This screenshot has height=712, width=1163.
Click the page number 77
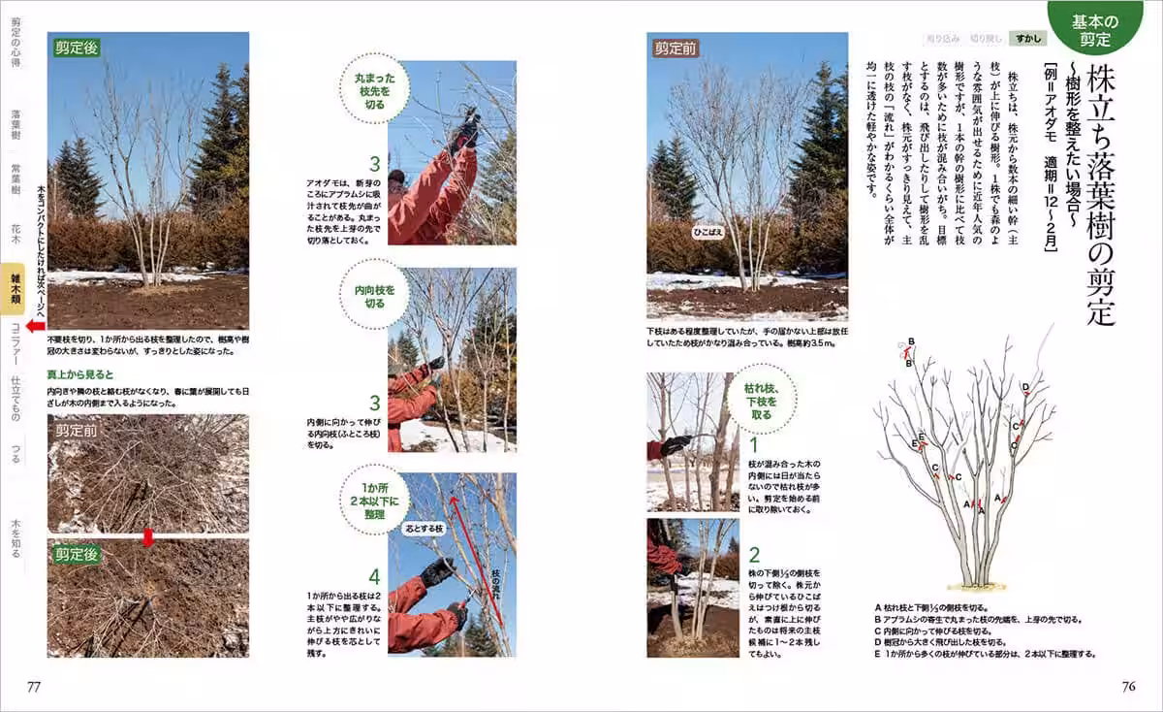(x=34, y=687)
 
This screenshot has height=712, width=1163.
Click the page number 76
(x=1128, y=687)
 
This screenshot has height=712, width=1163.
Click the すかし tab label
(x=1025, y=39)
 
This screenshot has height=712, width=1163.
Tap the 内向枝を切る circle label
(x=376, y=295)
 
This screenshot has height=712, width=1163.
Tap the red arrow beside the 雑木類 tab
(x=35, y=327)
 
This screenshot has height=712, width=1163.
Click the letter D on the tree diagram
(x=1024, y=388)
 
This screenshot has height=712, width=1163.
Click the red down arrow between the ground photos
(x=147, y=536)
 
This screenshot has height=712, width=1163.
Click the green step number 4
(x=374, y=576)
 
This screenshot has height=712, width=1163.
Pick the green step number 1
(x=753, y=444)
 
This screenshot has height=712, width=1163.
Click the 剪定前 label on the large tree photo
(x=675, y=48)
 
